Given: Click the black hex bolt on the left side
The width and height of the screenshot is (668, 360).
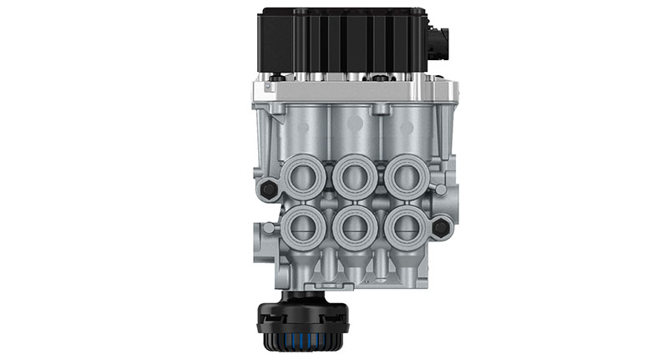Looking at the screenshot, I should coord(267,190).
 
